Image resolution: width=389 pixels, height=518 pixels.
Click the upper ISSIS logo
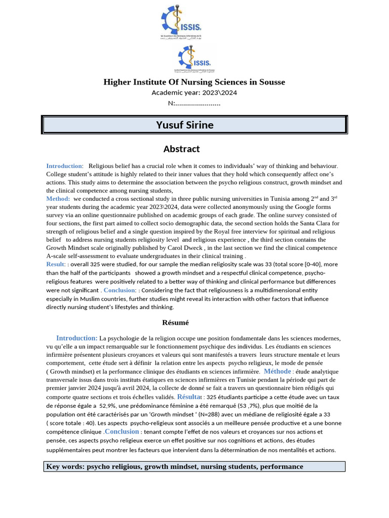(181, 22)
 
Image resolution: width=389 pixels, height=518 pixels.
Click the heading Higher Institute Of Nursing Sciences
(194, 82)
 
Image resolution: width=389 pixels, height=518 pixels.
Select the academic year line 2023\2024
(194, 93)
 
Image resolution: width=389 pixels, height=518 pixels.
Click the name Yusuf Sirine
(184, 125)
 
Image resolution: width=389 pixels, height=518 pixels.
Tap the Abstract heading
(181, 149)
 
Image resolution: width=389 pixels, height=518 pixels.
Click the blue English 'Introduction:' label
(65, 166)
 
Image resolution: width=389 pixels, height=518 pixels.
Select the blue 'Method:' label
(58, 199)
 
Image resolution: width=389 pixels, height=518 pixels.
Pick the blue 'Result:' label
(56, 264)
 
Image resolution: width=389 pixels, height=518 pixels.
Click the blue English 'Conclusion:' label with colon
(120, 290)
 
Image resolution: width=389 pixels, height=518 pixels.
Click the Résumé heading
(175, 323)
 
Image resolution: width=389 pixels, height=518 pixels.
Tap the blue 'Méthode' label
(278, 371)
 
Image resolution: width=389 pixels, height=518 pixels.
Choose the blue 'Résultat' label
(189, 397)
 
